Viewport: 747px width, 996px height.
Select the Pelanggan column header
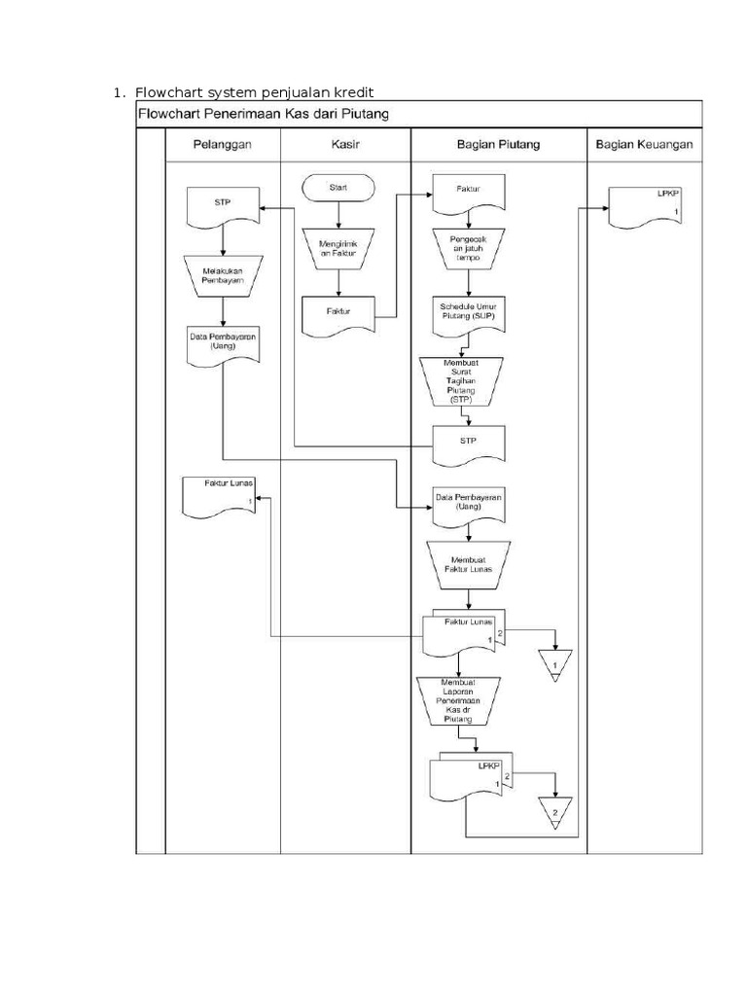click(x=223, y=145)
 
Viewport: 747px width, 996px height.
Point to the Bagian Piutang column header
click(x=498, y=145)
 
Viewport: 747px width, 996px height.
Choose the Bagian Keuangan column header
click(x=643, y=145)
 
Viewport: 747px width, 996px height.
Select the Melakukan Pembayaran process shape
click(x=223, y=275)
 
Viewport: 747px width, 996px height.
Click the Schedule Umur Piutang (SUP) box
click(x=469, y=310)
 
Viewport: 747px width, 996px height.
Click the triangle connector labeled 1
click(x=554, y=664)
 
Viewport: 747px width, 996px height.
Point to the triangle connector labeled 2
click(x=554, y=810)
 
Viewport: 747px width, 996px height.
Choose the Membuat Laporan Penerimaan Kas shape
click(x=457, y=701)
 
